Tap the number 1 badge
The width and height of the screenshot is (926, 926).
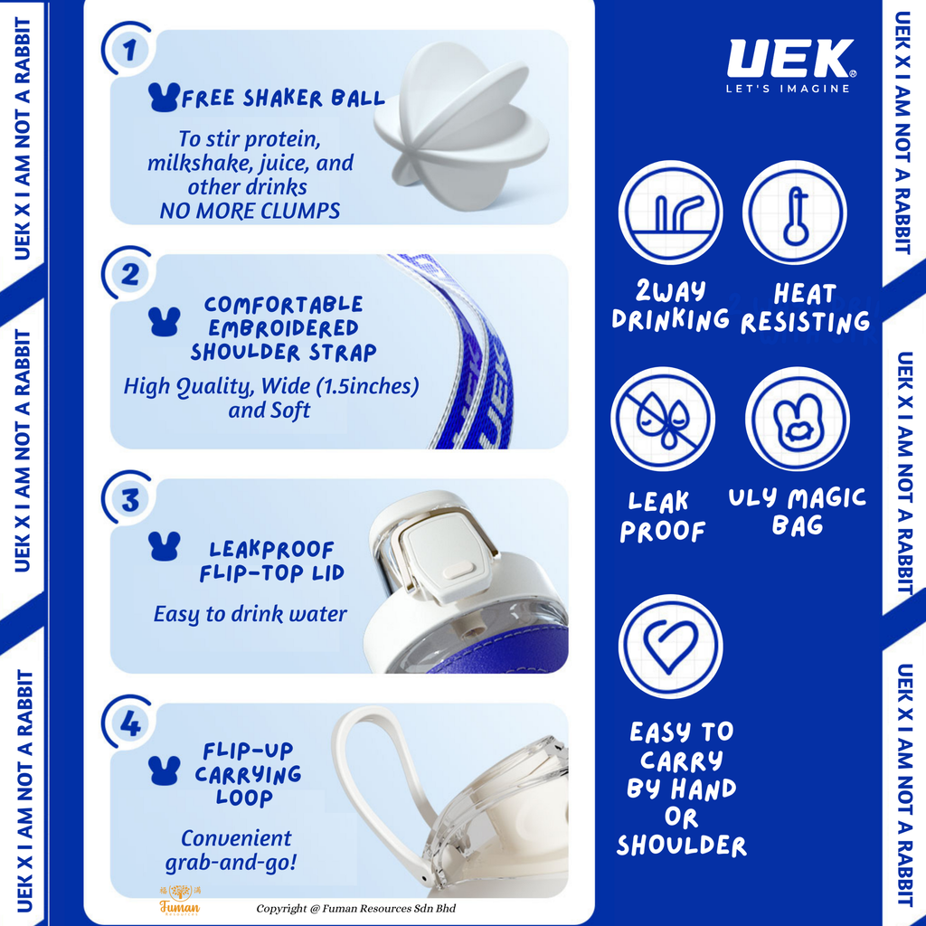pyautogui.click(x=129, y=50)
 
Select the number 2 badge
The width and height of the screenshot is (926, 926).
pyautogui.click(x=129, y=274)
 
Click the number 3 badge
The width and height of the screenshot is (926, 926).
pyautogui.click(x=129, y=499)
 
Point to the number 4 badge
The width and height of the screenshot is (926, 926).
pyautogui.click(x=129, y=723)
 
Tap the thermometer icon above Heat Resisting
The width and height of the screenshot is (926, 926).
pyautogui.click(x=794, y=213)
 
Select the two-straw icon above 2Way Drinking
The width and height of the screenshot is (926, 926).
pyautogui.click(x=670, y=213)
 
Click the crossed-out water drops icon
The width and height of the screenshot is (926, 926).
pyautogui.click(x=663, y=420)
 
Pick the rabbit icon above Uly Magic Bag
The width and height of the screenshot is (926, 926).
pyautogui.click(x=798, y=420)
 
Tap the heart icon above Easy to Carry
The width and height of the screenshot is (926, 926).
pyautogui.click(x=670, y=647)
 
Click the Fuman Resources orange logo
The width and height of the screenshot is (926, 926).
pyautogui.click(x=180, y=900)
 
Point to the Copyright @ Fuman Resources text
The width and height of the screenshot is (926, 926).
pyautogui.click(x=355, y=908)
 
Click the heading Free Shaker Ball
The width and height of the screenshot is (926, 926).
pyautogui.click(x=283, y=98)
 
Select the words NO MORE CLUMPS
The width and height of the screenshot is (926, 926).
pyautogui.click(x=250, y=211)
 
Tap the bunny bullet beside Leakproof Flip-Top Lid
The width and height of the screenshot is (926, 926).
pyautogui.click(x=165, y=546)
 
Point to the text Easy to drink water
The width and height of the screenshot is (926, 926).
pyautogui.click(x=250, y=614)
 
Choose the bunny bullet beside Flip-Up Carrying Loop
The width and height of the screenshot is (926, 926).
pyautogui.click(x=165, y=770)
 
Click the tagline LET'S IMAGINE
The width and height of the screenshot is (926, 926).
pyautogui.click(x=788, y=89)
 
